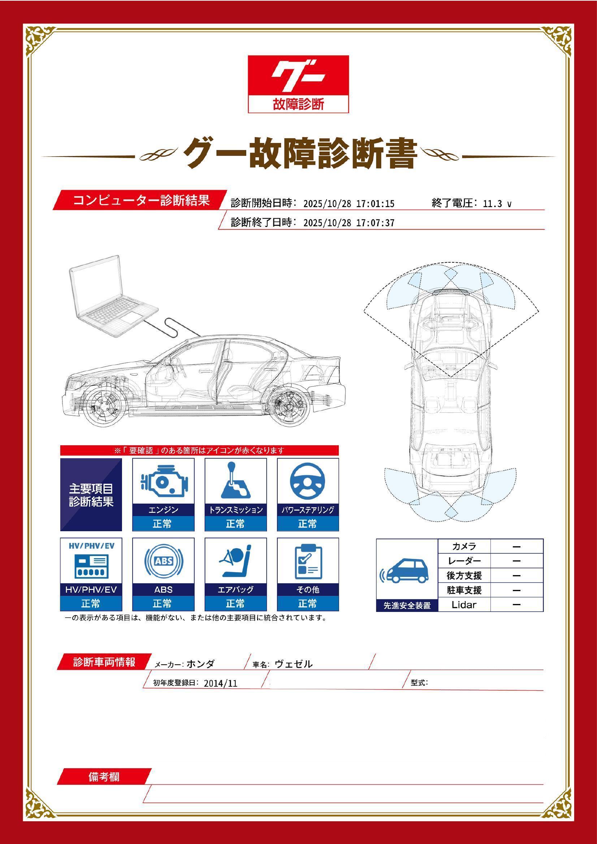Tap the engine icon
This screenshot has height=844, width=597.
tap(163, 482)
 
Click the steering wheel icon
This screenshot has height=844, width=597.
tap(307, 482)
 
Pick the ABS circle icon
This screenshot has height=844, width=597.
tap(163, 561)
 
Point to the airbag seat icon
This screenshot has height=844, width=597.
tap(235, 561)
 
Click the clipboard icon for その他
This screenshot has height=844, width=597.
tap(308, 561)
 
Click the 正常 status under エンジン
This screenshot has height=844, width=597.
tap(162, 524)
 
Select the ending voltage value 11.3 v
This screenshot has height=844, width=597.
tap(497, 204)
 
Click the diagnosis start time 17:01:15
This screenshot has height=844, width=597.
tap(375, 204)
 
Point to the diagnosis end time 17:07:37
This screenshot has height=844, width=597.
tap(375, 223)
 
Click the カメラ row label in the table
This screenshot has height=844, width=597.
tap(464, 546)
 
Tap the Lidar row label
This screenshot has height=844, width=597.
tap(464, 605)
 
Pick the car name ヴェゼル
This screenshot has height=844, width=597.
tap(294, 664)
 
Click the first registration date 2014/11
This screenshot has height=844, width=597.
tap(220, 683)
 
